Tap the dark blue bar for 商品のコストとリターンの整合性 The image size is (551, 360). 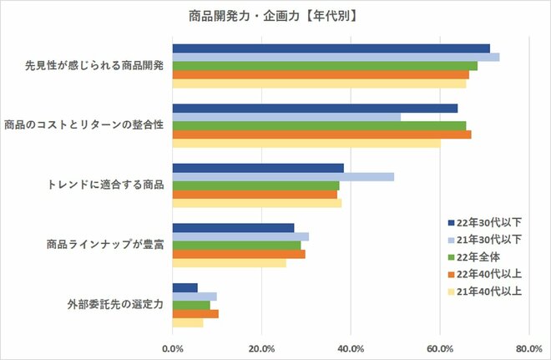pos(315,108)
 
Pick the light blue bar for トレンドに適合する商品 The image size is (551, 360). pos(283,176)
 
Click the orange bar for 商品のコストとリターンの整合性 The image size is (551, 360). pos(321,134)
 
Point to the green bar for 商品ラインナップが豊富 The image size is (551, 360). pos(236,246)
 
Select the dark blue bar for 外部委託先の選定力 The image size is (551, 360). pos(185,287)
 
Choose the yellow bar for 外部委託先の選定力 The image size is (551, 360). pos(188,322)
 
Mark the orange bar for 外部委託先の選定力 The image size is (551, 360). pos(195,313)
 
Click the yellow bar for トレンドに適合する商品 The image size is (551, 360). pos(257,203)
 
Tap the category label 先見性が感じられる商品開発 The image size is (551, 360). pos(94,66)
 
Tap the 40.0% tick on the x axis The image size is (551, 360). pos(351,347)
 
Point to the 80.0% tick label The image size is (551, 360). pos(528,347)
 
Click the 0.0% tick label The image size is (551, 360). pos(173,347)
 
